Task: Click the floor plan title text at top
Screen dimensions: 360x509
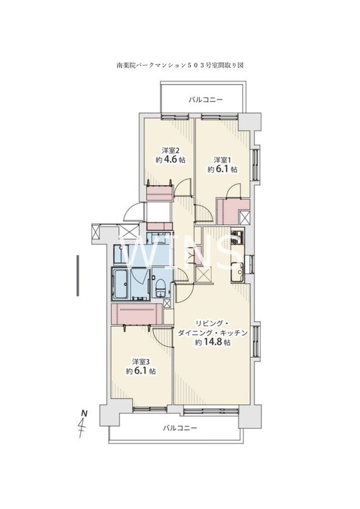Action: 180,66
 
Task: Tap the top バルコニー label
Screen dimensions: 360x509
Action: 206,100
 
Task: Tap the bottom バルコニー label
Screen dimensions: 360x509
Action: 180,428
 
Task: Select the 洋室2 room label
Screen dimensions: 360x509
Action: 170,150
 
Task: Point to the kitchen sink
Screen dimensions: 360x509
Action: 237,272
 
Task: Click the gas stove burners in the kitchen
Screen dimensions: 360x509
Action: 237,237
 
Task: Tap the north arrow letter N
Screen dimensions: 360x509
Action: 84,414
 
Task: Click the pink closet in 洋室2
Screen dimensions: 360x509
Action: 159,193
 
